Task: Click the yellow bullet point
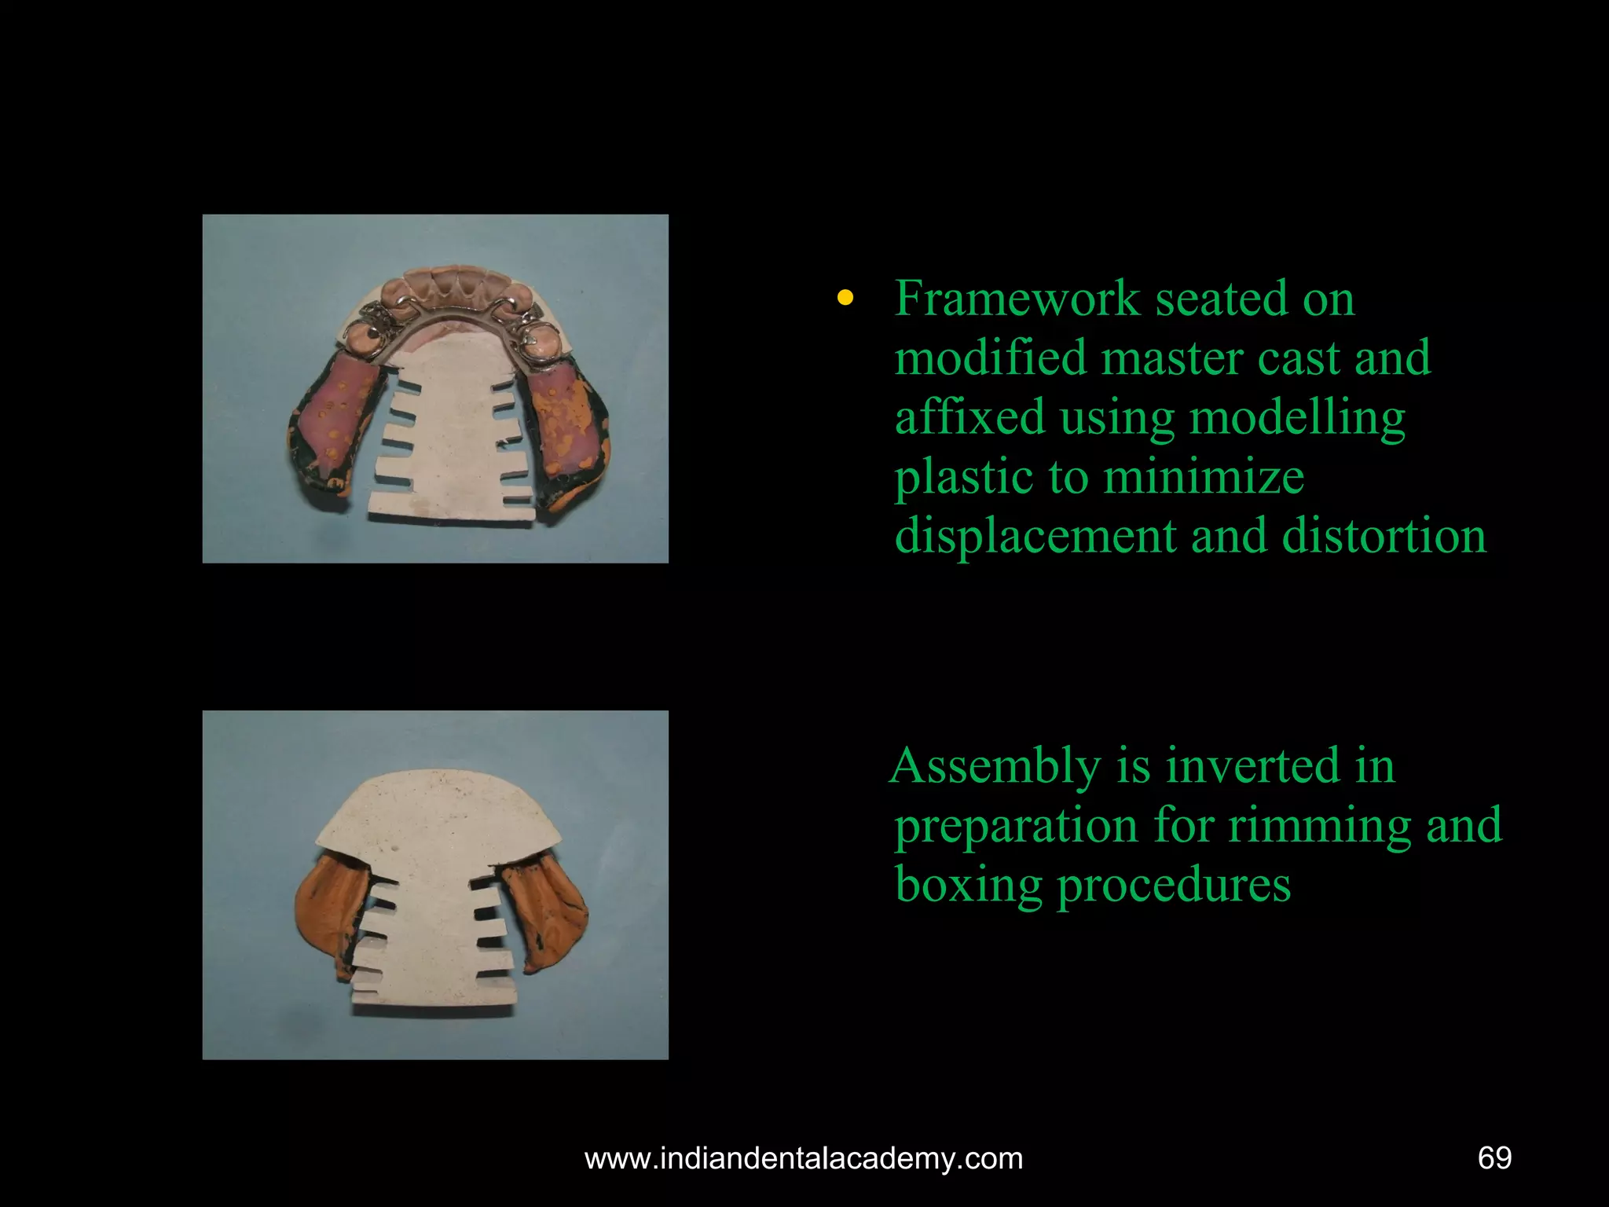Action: (x=845, y=299)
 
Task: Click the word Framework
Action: (x=1017, y=299)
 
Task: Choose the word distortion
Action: (x=1384, y=537)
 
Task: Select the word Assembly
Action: (x=995, y=766)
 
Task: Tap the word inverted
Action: (x=1252, y=766)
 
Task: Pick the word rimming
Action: (x=1319, y=825)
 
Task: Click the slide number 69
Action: (x=1494, y=1158)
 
